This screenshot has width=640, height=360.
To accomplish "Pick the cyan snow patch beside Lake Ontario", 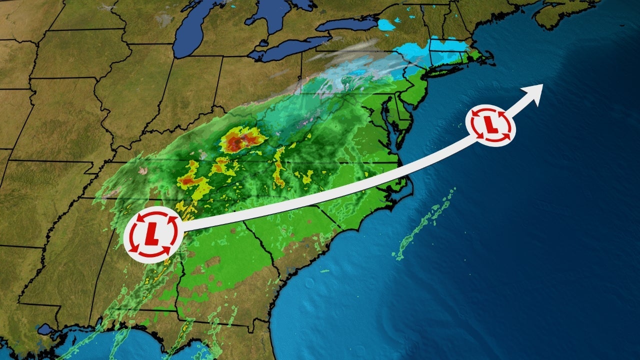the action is pos(386,24).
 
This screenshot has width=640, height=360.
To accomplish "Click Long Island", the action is pos(447,70).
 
